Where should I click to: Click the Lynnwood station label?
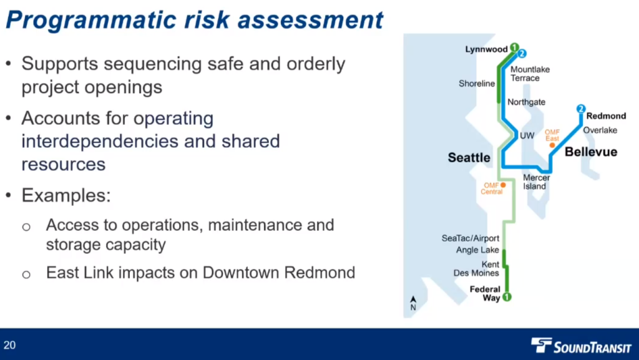[x=486, y=50]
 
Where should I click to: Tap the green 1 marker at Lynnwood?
[x=515, y=47]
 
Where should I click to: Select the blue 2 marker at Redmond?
[x=581, y=109]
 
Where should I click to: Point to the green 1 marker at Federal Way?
[x=507, y=297]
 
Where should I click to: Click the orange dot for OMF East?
[x=552, y=145]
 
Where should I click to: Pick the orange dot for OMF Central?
[x=504, y=185]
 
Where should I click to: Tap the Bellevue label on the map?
[x=591, y=152]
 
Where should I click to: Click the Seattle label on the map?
[x=469, y=158]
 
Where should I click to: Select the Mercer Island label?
[x=536, y=182]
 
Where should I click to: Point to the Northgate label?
[x=526, y=102]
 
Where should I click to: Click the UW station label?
[x=527, y=135]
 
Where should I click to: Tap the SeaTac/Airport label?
[x=471, y=238]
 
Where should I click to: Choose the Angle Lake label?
[x=477, y=250]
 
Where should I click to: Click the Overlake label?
[x=600, y=130]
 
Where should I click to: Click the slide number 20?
[x=9, y=346]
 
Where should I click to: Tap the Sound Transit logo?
[x=581, y=346]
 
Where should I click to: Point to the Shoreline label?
[x=477, y=84]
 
